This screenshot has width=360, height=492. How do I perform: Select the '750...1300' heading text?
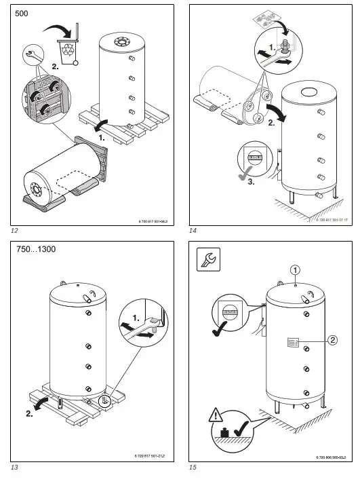pyautogui.click(x=35, y=250)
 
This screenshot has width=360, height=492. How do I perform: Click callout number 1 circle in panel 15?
pyautogui.click(x=295, y=269)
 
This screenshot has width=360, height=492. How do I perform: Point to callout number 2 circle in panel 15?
pyautogui.click(x=332, y=341)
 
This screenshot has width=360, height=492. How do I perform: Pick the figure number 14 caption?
pyautogui.click(x=193, y=231)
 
